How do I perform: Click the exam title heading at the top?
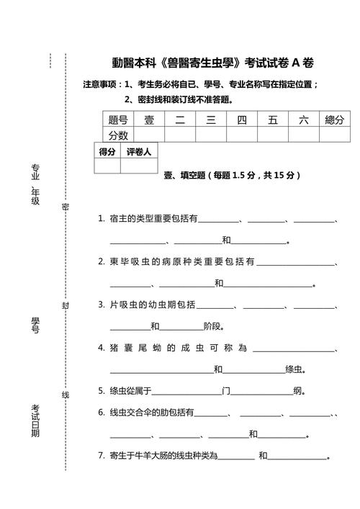[217, 63]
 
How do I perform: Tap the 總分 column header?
[334, 120]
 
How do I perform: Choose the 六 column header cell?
[303, 120]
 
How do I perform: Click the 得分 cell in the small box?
[107, 152]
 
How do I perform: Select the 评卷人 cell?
[138, 152]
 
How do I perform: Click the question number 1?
[102, 218]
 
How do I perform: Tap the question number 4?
[102, 348]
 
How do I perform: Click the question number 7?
[102, 456]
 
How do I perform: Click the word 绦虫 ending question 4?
[294, 370]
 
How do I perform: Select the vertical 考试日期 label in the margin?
[35, 421]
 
